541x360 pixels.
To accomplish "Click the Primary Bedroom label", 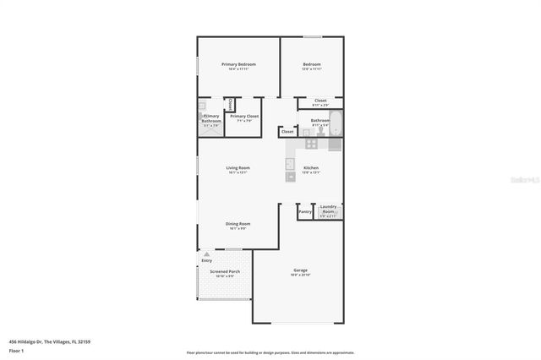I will [x=238, y=65].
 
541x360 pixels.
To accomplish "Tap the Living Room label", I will [x=238, y=168].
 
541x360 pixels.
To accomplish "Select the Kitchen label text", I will [x=311, y=168].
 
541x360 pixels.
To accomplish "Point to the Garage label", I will [x=300, y=271].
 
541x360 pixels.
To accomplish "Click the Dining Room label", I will [x=238, y=224].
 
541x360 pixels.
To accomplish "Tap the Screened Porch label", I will [x=225, y=272].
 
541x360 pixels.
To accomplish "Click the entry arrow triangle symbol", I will [x=206, y=254].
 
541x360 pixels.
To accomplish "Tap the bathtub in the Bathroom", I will [x=336, y=123].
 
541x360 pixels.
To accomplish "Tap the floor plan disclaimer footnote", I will [x=270, y=353].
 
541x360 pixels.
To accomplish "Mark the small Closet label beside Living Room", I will [x=287, y=132].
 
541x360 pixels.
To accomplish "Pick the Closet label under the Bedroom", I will [x=320, y=101].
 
